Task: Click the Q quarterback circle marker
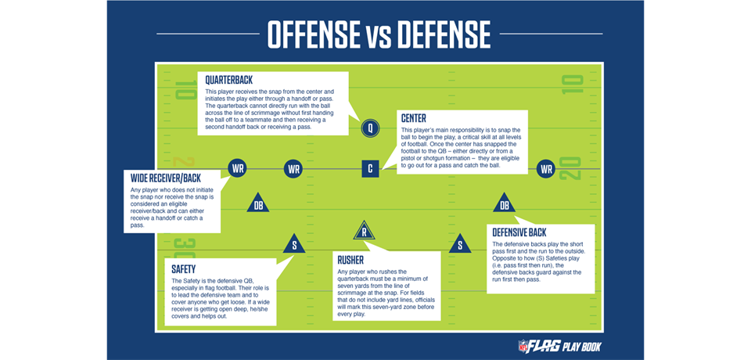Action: click(x=371, y=128)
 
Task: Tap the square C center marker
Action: click(x=371, y=167)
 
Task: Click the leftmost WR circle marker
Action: click(x=237, y=168)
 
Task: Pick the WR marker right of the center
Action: click(x=546, y=168)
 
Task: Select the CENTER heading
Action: click(x=413, y=118)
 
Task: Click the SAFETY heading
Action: click(x=184, y=268)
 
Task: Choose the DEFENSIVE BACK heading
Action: click(x=519, y=232)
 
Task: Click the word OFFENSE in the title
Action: click(x=309, y=34)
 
